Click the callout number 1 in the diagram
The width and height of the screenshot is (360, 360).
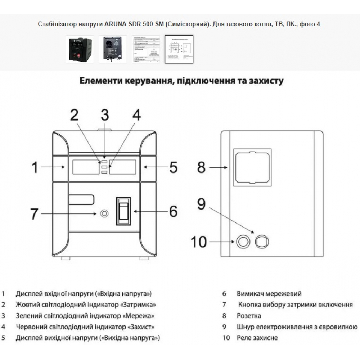tap(35, 167)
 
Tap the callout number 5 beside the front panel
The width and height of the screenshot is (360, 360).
tap(173, 167)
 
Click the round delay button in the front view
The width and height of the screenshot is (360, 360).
tap(104, 214)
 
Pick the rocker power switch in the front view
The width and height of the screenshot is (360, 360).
tap(123, 211)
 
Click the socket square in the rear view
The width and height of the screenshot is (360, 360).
tap(252, 168)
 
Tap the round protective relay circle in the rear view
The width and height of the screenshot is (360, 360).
tap(243, 242)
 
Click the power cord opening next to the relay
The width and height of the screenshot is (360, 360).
tap(262, 242)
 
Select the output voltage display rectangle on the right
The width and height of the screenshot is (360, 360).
tap(123, 166)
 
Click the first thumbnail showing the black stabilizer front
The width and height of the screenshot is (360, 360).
tap(80, 49)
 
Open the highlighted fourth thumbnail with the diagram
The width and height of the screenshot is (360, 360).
tap(179, 49)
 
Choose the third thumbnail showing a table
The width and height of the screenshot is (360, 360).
tap(146, 49)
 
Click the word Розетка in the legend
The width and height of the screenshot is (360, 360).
tap(249, 316)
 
